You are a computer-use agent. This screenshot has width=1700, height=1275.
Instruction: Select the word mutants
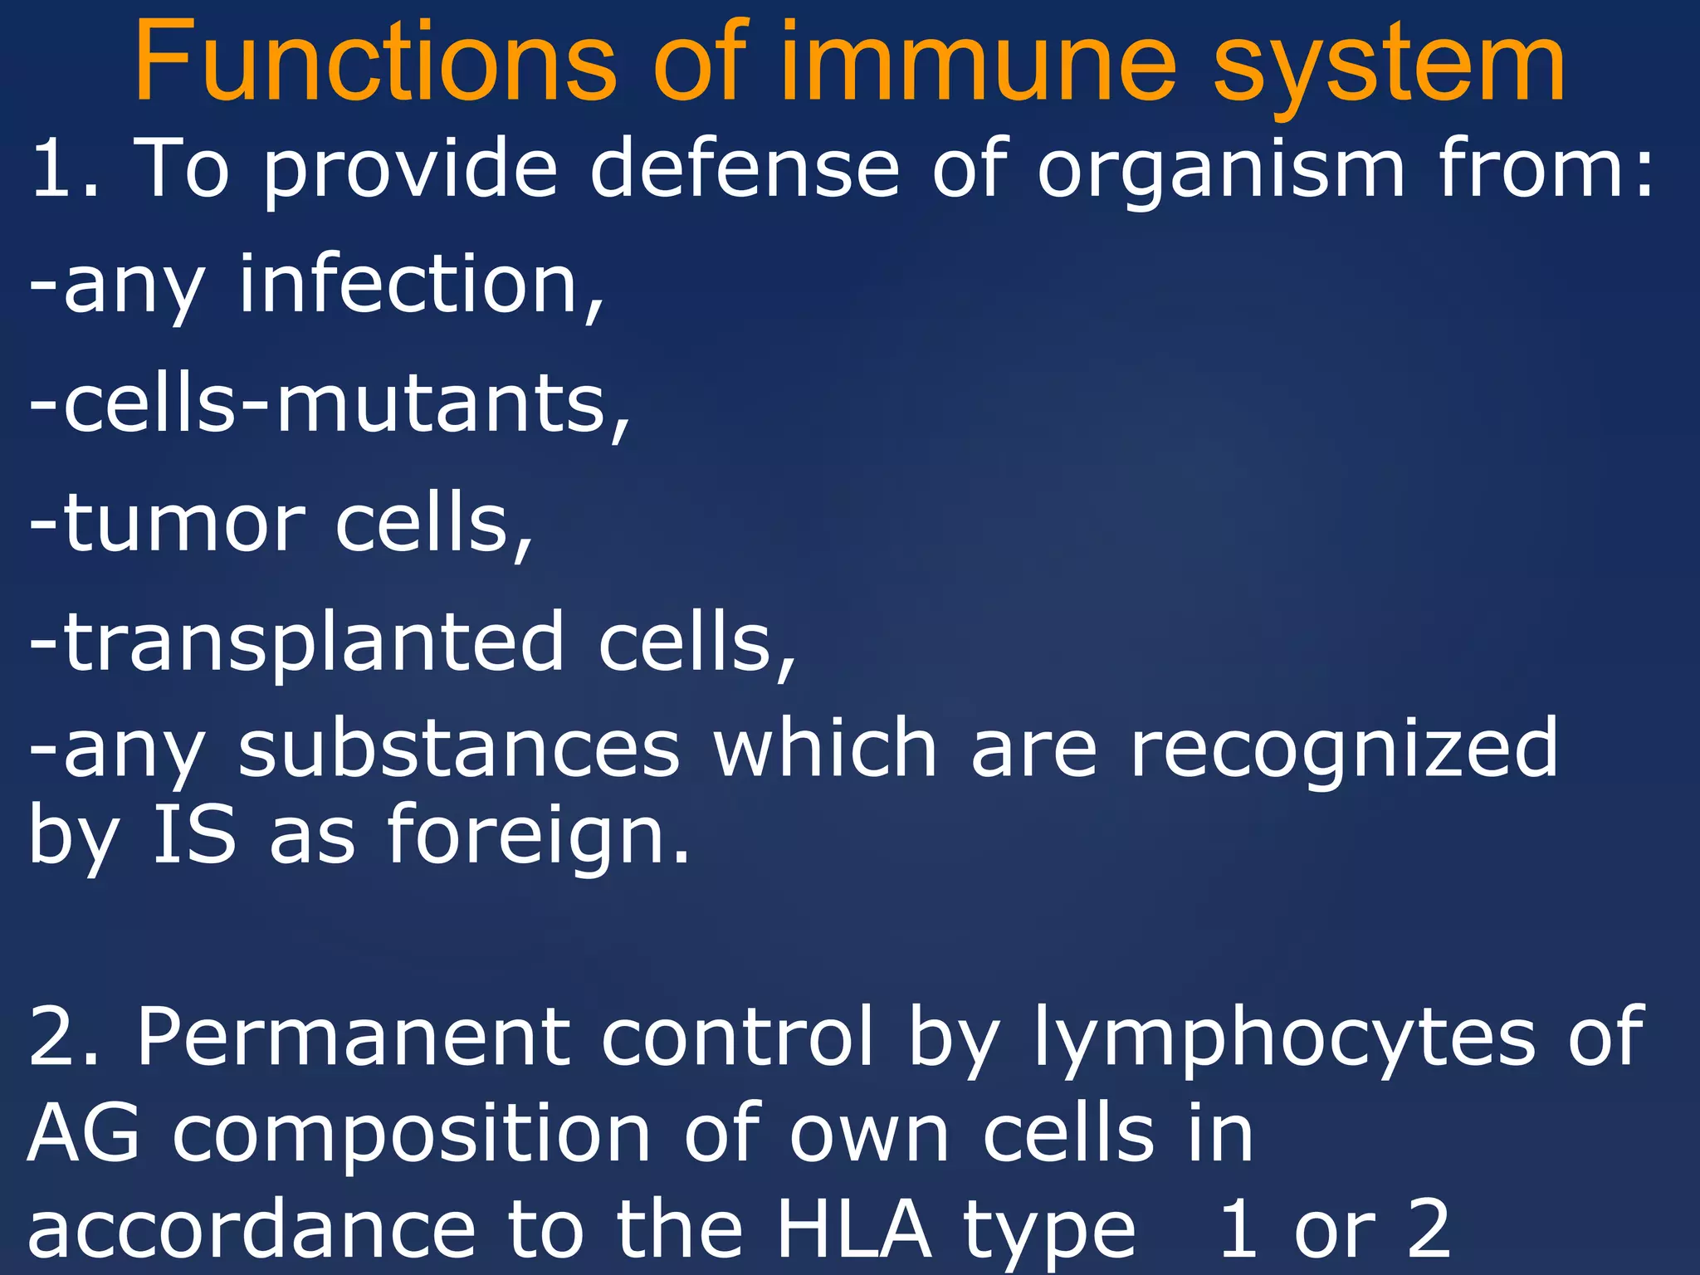(452, 404)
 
